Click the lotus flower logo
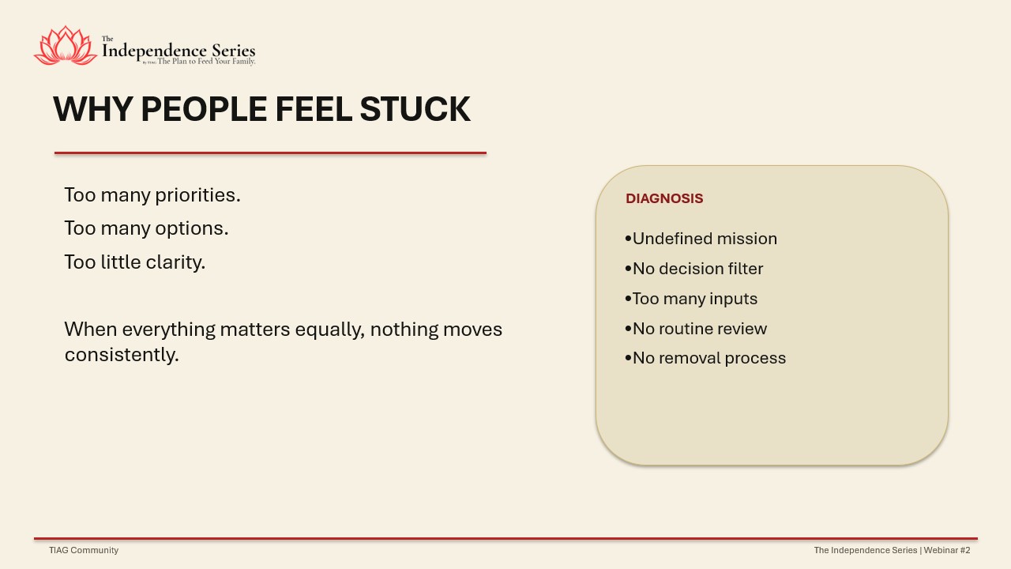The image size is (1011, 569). pyautogui.click(x=66, y=46)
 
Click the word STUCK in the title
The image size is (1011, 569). pyautogui.click(x=415, y=109)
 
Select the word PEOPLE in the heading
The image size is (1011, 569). pyautogui.click(x=204, y=109)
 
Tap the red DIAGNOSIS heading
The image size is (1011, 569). pyautogui.click(x=664, y=198)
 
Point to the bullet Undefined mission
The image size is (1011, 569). pyautogui.click(x=701, y=239)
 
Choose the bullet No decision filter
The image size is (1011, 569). pyautogui.click(x=694, y=269)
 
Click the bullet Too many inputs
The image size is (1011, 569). pyautogui.click(x=691, y=299)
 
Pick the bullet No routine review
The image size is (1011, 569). pyautogui.click(x=696, y=329)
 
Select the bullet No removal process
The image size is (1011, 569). pyautogui.click(x=705, y=358)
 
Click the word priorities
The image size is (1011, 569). pyautogui.click(x=197, y=195)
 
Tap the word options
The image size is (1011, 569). pyautogui.click(x=192, y=229)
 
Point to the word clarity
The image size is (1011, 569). pyautogui.click(x=175, y=262)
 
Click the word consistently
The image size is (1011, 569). pyautogui.click(x=122, y=355)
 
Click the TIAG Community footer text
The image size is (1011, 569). pyautogui.click(x=84, y=550)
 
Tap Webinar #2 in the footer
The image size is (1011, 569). pyautogui.click(x=947, y=550)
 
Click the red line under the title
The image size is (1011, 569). pyautogui.click(x=270, y=153)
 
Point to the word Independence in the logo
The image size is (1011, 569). pyautogui.click(x=155, y=51)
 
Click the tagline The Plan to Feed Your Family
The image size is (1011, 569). pyautogui.click(x=206, y=62)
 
